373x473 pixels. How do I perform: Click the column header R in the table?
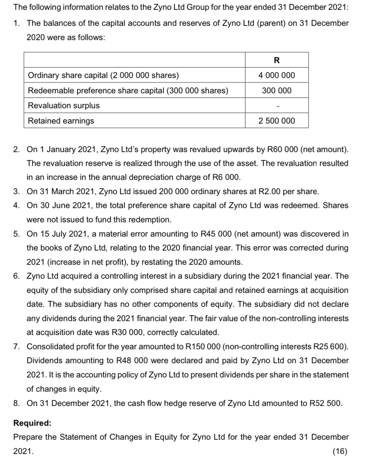point(277,60)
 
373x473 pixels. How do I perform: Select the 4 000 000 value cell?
point(277,75)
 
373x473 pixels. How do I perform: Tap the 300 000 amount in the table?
point(277,90)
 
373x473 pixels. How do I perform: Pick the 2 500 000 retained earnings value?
point(277,121)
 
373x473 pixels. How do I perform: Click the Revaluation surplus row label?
point(64,105)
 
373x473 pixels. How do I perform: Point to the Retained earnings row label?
point(61,121)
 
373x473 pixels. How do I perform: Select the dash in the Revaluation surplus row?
point(277,106)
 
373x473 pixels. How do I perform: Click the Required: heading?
point(32,423)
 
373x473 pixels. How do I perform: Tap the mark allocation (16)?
point(340,451)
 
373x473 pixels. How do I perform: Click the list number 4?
point(16,205)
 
